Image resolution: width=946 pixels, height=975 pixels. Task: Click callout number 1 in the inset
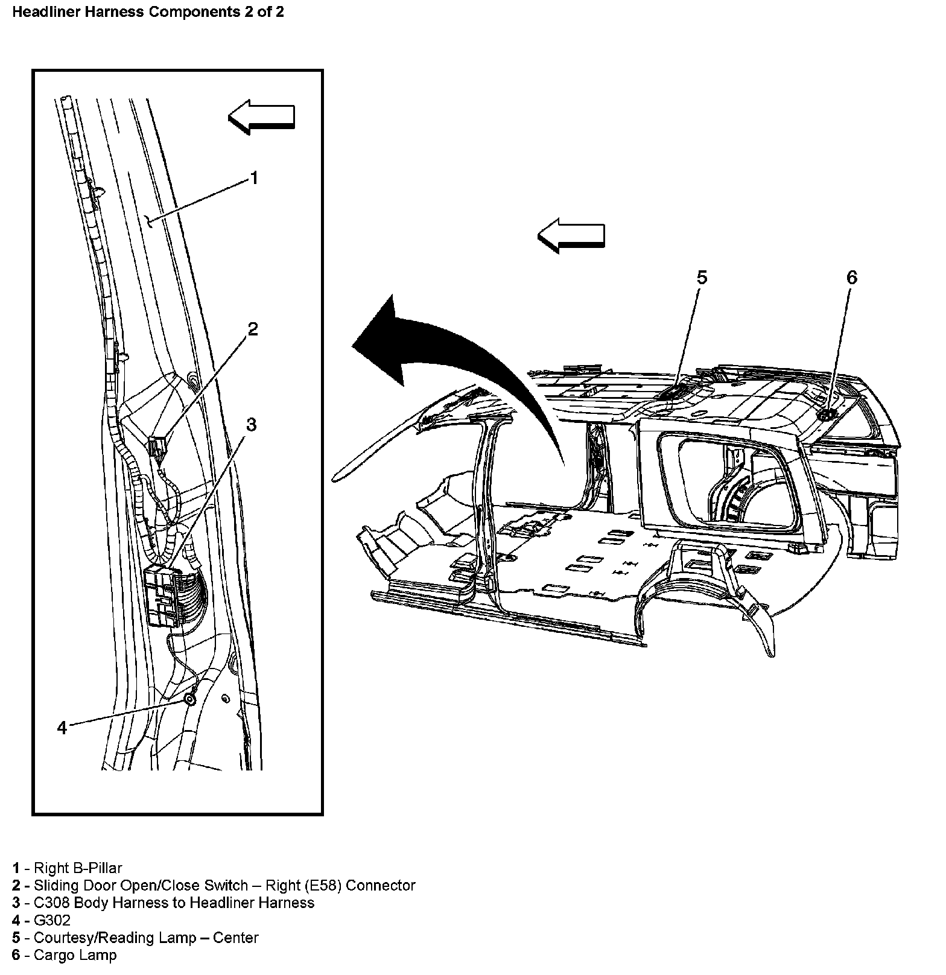[254, 178]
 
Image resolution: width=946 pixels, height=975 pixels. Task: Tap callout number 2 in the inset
[253, 329]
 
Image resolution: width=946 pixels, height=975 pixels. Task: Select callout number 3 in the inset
[251, 425]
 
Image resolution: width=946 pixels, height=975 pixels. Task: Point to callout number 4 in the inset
[62, 728]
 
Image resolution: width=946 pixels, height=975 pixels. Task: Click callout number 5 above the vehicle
[702, 278]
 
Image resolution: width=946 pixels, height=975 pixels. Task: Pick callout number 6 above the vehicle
[851, 278]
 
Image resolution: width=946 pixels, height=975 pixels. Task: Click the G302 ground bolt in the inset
[189, 699]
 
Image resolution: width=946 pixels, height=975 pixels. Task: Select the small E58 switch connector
[158, 447]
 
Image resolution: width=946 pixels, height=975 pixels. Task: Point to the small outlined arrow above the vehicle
[571, 235]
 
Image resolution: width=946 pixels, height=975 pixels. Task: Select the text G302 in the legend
[52, 920]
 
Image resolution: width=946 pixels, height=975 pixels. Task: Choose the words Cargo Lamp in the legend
[75, 955]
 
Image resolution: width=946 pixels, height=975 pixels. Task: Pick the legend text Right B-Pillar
[78, 868]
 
